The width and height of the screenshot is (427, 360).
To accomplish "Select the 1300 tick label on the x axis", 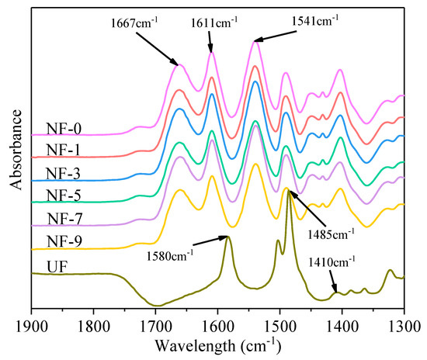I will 404,324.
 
